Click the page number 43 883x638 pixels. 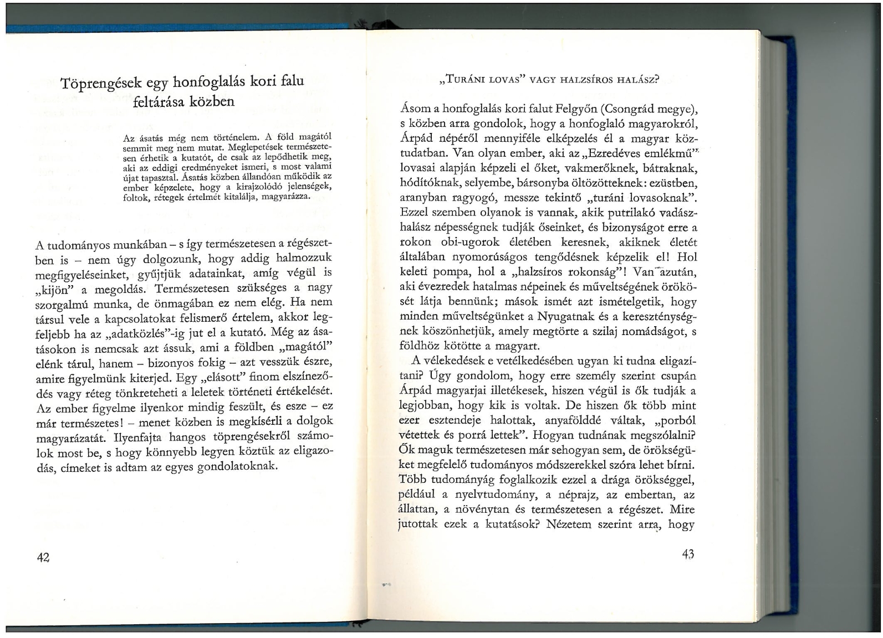[688, 554]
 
